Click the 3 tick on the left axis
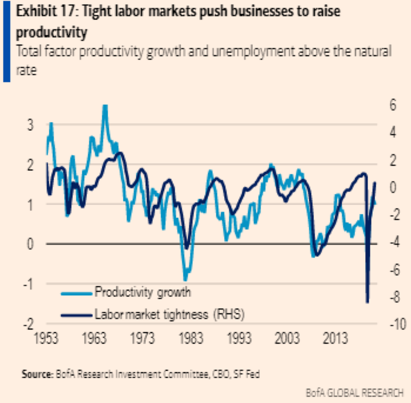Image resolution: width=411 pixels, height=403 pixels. pyautogui.click(x=29, y=125)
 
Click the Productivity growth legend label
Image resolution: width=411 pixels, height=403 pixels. pyautogui.click(x=143, y=291)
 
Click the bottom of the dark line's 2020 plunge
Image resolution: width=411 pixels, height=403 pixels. pyautogui.click(x=367, y=302)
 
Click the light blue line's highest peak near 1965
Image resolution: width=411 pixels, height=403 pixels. pyautogui.click(x=105, y=106)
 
